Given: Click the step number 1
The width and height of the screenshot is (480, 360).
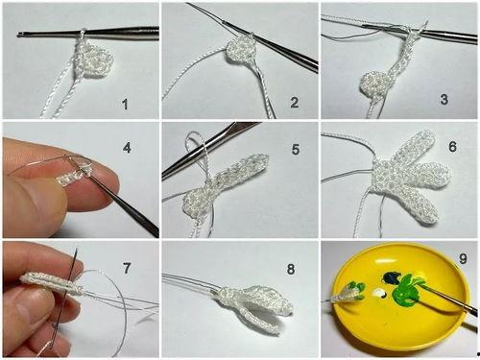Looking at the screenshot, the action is (x=125, y=105).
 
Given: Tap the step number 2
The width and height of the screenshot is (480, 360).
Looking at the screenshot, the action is (x=295, y=102).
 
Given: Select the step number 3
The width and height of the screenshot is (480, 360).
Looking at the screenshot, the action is (x=444, y=100).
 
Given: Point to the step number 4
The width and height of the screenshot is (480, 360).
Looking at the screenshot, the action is (x=127, y=148).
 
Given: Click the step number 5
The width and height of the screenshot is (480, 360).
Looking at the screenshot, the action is (x=296, y=150).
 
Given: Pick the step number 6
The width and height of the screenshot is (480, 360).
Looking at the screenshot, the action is (x=452, y=146).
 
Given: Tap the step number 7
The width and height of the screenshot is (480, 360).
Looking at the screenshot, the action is (x=127, y=268).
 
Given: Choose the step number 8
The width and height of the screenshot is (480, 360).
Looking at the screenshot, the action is (x=291, y=269).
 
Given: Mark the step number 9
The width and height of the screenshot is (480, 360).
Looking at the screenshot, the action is (x=463, y=258).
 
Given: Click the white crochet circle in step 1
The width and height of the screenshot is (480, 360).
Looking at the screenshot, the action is (x=95, y=60).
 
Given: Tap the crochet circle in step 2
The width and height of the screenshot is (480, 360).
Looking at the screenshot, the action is (x=241, y=51).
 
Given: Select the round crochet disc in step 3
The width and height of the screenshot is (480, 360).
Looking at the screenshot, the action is (x=375, y=84).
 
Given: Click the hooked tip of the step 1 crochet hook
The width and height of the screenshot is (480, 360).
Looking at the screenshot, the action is (x=19, y=34).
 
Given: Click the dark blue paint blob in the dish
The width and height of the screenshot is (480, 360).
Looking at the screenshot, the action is (x=392, y=277).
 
